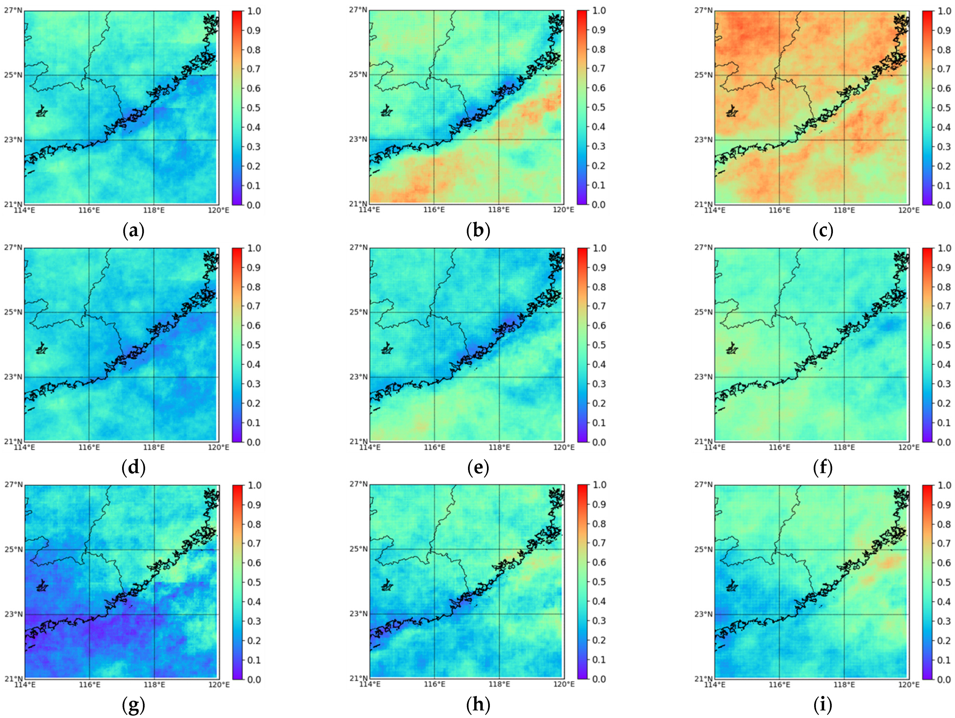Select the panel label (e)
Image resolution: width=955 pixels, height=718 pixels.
(478, 468)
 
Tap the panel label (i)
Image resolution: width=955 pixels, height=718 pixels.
(823, 705)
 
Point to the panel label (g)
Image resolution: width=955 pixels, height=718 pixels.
(133, 705)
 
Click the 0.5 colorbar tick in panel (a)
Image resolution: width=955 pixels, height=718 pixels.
(253, 108)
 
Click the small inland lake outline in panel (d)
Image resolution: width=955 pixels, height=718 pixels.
(41, 348)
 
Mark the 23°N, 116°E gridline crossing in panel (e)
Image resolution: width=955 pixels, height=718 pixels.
(434, 377)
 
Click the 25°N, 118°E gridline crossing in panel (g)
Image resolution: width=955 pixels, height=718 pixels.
(154, 550)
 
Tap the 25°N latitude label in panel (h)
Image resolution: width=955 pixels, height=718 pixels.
(358, 549)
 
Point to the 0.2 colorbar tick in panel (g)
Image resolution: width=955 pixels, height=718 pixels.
(253, 640)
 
